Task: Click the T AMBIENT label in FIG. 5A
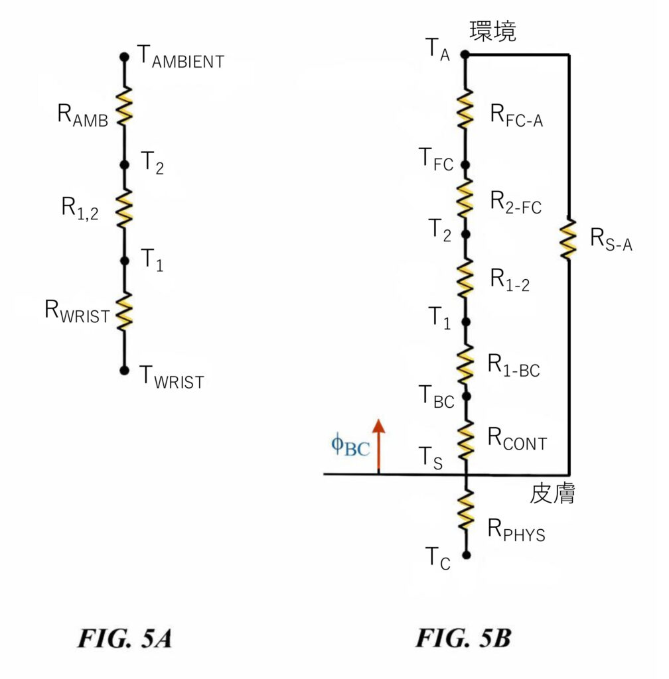(180, 58)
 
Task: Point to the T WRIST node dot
(124, 370)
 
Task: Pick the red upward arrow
(378, 446)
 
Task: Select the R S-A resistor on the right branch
(569, 240)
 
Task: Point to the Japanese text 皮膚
(553, 494)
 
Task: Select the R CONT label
(518, 440)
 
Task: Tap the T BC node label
(437, 398)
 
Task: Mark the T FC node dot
(465, 164)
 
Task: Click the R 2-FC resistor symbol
(466, 198)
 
